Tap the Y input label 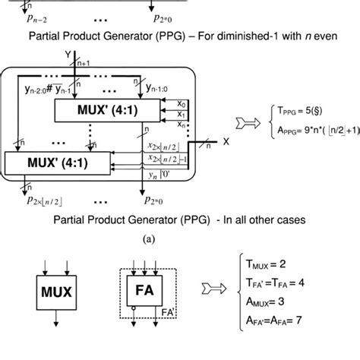tap(68, 55)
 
